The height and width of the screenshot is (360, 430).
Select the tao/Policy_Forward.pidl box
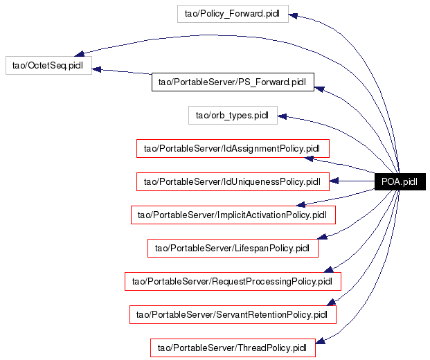coord(233,14)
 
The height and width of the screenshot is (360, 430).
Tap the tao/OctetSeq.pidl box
coord(48,66)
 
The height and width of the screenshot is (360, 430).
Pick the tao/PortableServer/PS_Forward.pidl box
coord(233,82)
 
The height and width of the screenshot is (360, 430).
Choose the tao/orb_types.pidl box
coord(233,116)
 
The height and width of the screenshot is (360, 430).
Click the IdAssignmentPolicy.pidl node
coord(233,148)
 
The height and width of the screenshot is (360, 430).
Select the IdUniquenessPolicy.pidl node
coord(233,182)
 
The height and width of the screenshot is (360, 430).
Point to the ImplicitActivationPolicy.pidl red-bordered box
coord(233,215)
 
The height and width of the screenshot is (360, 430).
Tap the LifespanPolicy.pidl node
coord(233,248)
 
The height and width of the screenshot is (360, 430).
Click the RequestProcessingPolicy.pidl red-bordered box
coord(233,282)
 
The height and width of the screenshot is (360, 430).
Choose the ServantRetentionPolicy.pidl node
coord(233,315)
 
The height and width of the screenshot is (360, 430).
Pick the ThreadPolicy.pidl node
coord(233,348)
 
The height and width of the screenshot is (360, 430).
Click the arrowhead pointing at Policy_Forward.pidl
coord(293,15)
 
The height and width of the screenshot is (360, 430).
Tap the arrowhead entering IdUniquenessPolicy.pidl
coord(334,181)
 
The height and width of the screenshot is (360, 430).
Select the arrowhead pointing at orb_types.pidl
coord(283,116)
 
